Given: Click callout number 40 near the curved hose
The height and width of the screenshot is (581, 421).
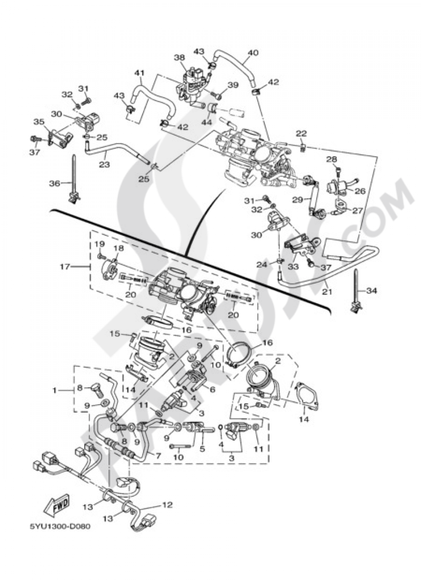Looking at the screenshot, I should coord(253,53).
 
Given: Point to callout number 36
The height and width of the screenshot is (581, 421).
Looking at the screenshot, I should coord(55,183).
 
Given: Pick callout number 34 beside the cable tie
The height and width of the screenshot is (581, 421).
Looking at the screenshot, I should coord(372,290).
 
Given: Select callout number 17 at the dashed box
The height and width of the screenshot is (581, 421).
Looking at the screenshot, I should coord(64,266).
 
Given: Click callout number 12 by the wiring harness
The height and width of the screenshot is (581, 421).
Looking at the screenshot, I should coord(167,504).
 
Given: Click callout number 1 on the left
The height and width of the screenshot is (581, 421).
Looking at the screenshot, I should coord(54,390).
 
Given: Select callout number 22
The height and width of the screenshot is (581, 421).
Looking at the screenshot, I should coord(301,133).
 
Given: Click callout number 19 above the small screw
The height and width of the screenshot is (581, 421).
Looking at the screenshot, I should coord(99,244).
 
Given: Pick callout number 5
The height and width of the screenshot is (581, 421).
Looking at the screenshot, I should coord(202,449).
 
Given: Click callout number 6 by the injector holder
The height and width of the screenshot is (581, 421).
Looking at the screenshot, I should coord(213,389).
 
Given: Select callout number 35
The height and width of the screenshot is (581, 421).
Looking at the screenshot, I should coord(39,122).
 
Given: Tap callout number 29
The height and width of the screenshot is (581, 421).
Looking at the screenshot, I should coord(297,200).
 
